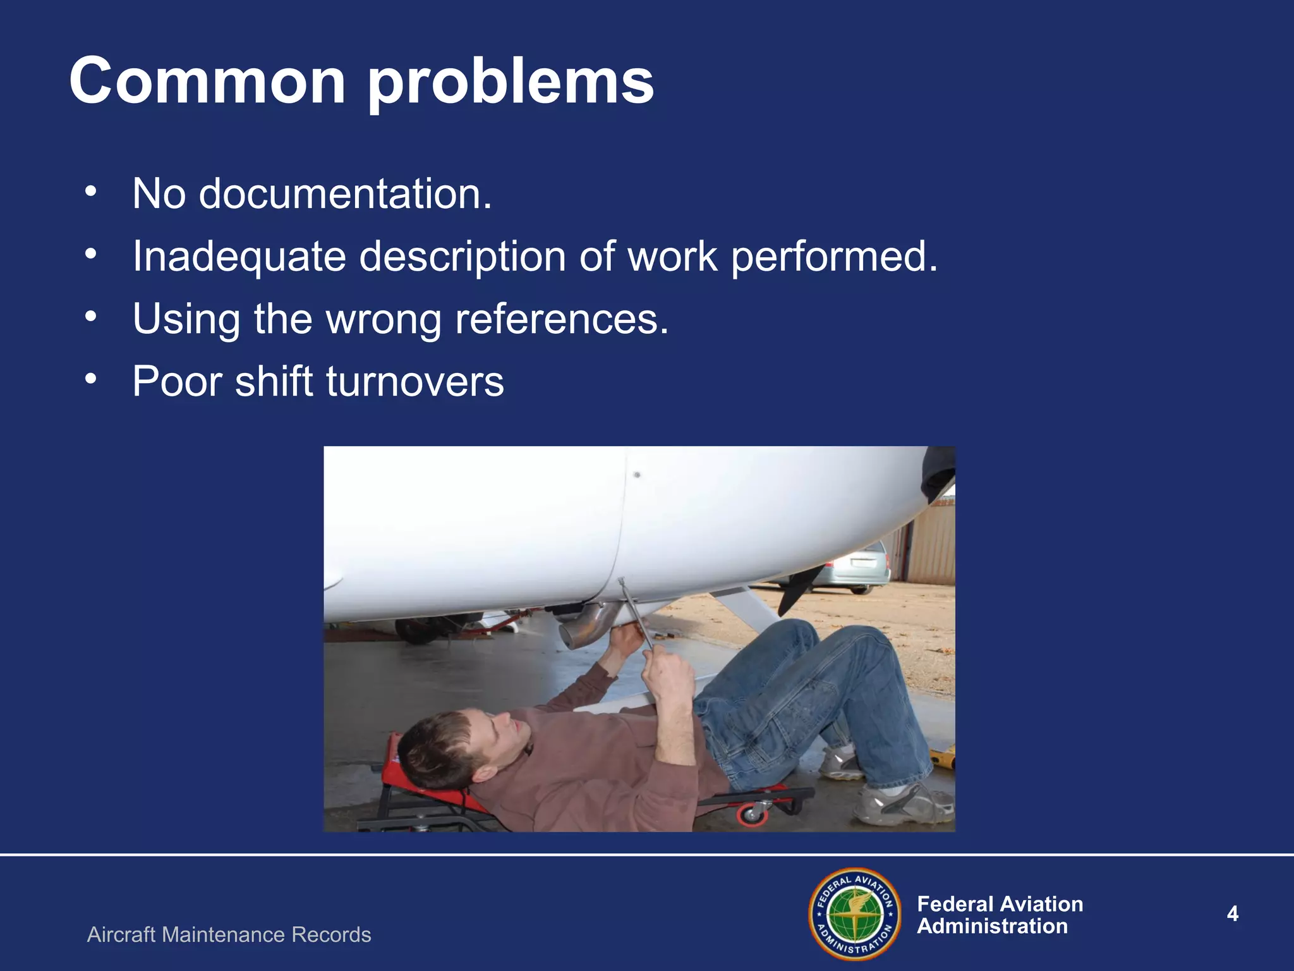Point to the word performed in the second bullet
[x=833, y=257]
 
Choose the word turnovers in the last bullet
[x=414, y=381]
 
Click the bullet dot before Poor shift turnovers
[x=91, y=378]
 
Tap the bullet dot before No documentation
[x=91, y=190]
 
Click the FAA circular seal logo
[x=855, y=913]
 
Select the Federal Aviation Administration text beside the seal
[x=999, y=915]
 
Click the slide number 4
[x=1232, y=913]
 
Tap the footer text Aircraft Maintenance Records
[x=229, y=934]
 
